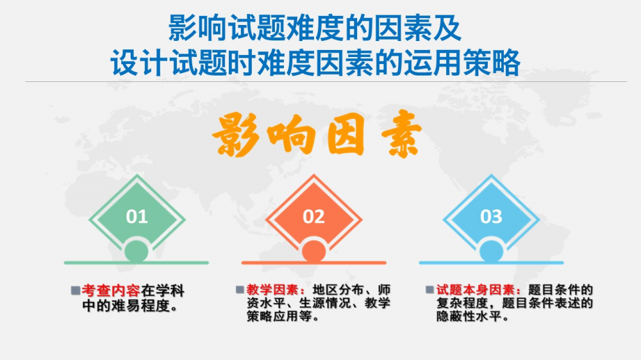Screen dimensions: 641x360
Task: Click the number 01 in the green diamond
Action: pos(137,217)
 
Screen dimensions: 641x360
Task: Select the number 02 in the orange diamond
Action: pos(313,217)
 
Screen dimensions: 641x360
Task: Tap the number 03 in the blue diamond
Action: pos(491,217)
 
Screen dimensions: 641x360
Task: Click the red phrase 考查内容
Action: pos(111,291)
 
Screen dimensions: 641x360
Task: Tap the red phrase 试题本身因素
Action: pos(475,290)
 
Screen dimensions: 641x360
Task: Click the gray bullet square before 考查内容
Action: pos(76,291)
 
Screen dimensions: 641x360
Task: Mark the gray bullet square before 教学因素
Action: pos(240,290)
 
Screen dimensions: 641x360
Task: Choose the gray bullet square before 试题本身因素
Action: pos(429,290)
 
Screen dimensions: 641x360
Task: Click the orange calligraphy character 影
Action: pos(236,135)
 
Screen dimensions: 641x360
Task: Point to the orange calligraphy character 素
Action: pos(401,134)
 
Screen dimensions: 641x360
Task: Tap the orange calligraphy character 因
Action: pos(345,135)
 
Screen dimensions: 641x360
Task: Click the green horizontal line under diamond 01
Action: pos(136,263)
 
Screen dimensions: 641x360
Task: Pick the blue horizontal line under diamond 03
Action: pos(491,263)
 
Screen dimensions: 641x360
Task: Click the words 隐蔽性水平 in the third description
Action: pos(469,316)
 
